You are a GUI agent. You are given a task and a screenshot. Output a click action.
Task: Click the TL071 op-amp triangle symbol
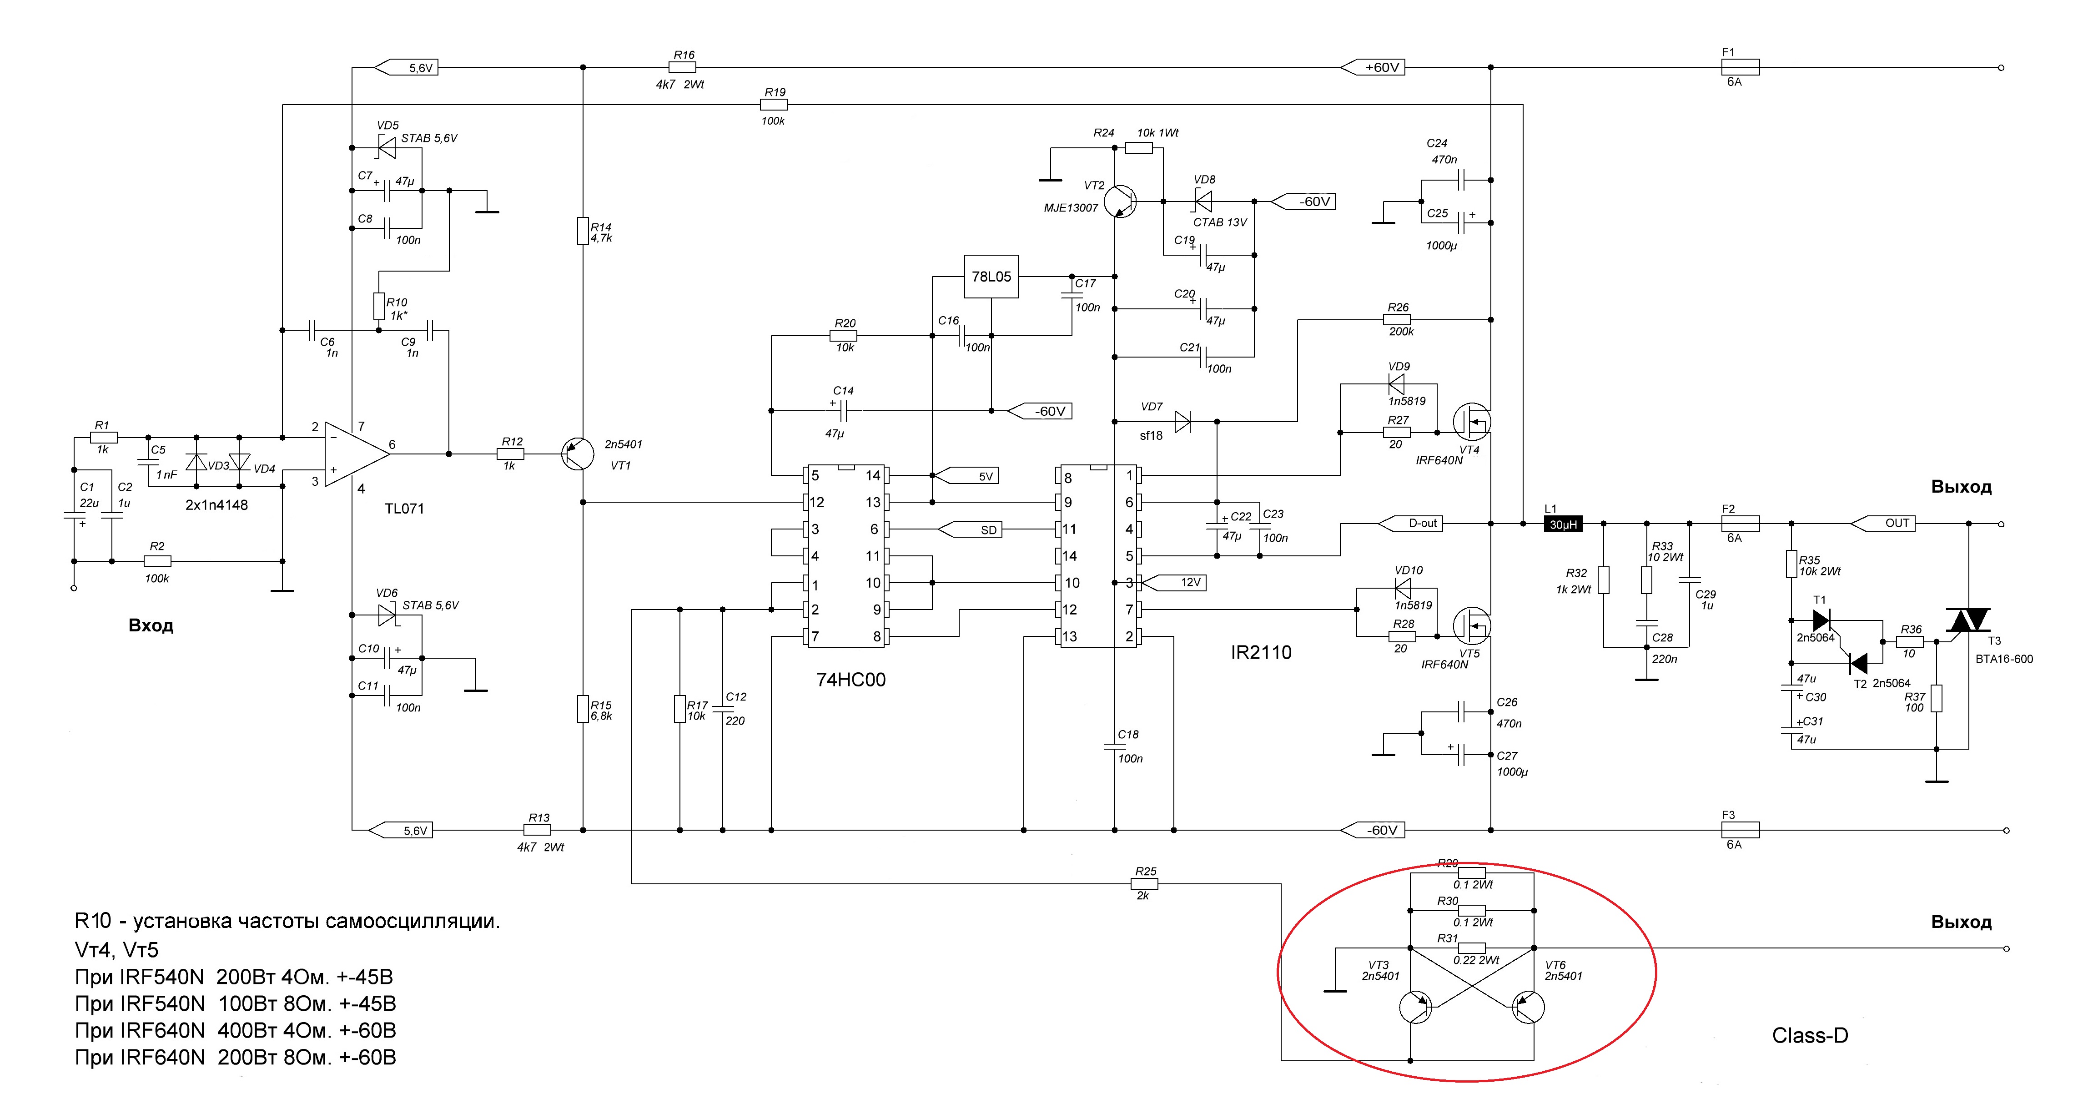coord(355,454)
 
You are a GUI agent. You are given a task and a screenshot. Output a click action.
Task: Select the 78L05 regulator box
coord(991,277)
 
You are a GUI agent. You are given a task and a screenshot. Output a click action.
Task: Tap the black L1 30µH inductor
coord(1563,524)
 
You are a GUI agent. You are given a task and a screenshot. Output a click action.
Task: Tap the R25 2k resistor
coord(1145,884)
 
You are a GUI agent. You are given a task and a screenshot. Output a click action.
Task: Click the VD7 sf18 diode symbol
coord(1182,421)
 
